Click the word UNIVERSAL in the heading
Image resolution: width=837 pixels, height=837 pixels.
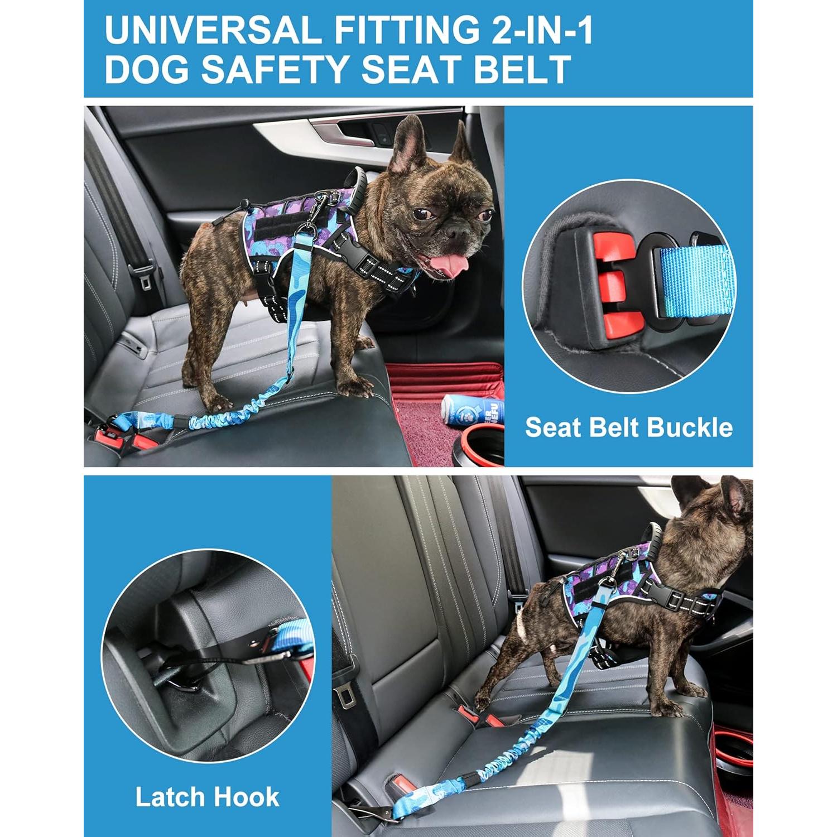[212, 30]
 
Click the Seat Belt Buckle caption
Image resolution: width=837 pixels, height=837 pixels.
[628, 427]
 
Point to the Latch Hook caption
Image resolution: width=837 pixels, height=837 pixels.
[207, 797]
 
